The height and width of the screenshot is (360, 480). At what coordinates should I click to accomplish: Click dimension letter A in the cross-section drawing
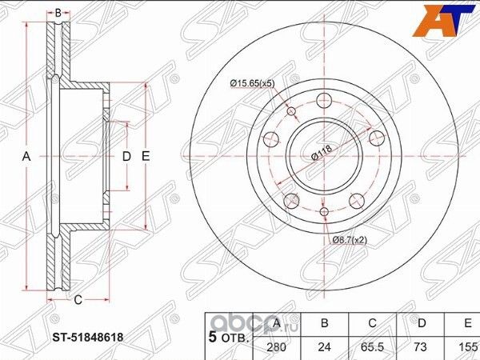coord(26,158)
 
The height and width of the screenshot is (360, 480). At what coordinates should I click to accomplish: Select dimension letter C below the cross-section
coord(78,301)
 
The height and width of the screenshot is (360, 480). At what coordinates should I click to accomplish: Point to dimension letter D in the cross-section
coord(126,157)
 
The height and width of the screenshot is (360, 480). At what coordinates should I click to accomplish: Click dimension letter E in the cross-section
coord(146,157)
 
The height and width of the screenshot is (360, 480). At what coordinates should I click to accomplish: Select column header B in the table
coord(325,325)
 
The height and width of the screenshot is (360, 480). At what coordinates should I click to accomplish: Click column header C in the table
coord(372,325)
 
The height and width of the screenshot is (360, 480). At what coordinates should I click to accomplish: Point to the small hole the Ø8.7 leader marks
coord(324,212)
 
